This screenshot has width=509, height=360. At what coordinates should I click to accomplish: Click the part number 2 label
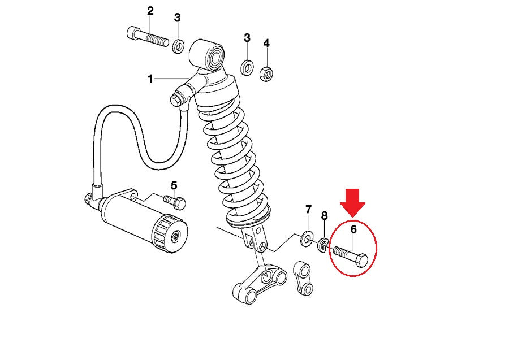(150, 11)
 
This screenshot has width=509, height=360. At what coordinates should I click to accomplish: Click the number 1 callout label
(150, 79)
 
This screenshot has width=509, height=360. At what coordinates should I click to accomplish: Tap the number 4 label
(266, 43)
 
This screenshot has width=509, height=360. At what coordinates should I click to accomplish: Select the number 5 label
(174, 186)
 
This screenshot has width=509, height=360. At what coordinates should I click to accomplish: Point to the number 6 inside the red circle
(353, 229)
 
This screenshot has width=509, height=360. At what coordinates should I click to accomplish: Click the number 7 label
(308, 210)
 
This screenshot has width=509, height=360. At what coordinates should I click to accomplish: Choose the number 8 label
(324, 216)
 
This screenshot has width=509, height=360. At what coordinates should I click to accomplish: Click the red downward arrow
(353, 203)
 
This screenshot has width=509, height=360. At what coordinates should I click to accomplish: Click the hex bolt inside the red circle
(351, 256)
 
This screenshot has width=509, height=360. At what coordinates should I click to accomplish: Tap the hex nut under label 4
(266, 73)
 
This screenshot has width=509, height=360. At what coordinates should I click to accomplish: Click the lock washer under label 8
(323, 245)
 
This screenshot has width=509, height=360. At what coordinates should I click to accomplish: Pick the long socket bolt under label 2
(147, 37)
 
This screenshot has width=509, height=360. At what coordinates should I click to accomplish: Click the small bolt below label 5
(175, 202)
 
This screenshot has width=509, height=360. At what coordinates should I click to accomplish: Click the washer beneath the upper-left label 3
(178, 46)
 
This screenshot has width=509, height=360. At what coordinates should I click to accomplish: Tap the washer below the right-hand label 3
(247, 67)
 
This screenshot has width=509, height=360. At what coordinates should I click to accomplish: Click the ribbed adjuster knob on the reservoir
(169, 233)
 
